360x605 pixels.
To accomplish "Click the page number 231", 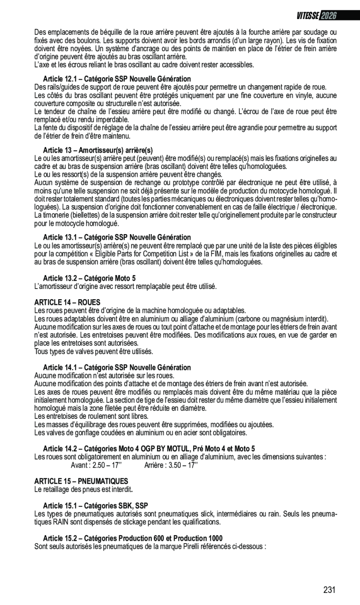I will tap(329, 590).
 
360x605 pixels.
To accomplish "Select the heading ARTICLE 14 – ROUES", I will tap(68, 302).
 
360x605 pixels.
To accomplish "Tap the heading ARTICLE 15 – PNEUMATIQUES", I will tap(81, 481).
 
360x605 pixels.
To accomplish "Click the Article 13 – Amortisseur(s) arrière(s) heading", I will tap(98, 150).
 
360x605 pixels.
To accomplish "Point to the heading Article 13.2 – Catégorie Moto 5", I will tap(89, 278).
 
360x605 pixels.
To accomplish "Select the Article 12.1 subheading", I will tap(117, 79).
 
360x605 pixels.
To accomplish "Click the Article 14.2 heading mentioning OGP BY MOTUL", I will tap(149, 449).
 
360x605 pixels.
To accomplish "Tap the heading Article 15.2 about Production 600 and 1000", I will tap(133, 538).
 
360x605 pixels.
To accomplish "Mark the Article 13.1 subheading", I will tap(117, 237).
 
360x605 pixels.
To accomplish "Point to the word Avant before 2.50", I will tap(79, 465).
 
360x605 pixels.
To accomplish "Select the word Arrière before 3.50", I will tap(155, 465).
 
